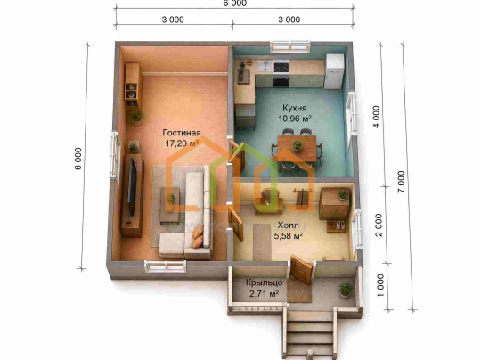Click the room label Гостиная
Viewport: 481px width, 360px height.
pos(182,133)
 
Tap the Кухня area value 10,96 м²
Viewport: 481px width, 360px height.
pos(295,119)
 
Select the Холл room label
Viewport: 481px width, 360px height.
pos(288,225)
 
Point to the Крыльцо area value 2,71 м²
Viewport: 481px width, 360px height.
pos(265,294)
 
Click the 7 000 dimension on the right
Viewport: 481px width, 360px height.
pos(401,182)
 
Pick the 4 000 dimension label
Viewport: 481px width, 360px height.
pos(376,117)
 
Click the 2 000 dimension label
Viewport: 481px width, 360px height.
pos(379,225)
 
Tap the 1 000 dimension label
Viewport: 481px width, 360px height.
pos(380,285)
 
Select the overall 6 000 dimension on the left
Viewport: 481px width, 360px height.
pos(78,159)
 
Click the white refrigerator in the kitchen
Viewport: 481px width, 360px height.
pos(334,71)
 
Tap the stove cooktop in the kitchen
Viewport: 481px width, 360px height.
pos(281,67)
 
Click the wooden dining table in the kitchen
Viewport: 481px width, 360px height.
pos(297,149)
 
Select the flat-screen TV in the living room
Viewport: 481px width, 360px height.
pos(132,186)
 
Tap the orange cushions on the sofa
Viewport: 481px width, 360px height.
pos(198,237)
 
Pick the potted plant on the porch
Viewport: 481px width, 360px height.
pos(346,290)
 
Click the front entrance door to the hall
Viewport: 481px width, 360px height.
pos(301,269)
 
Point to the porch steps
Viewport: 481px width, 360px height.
pos(311,334)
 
